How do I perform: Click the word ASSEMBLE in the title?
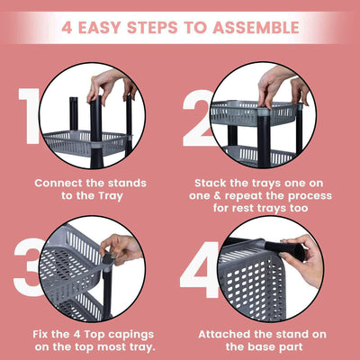[x=256, y=27]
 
